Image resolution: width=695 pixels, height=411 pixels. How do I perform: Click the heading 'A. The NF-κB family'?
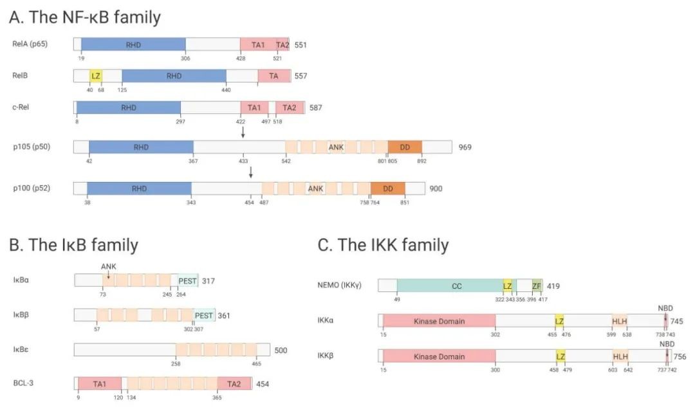84,17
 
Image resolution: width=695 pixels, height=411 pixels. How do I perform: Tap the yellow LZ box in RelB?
96,76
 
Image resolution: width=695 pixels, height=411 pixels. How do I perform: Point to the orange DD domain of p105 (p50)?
405,147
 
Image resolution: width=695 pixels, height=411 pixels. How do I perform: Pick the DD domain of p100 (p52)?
388,188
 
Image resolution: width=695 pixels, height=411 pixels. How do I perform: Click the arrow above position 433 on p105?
243,132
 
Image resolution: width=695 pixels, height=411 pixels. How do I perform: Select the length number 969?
465,147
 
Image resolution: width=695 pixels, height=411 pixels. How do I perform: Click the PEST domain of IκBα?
188,280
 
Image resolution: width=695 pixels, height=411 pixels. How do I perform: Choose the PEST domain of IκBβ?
204,315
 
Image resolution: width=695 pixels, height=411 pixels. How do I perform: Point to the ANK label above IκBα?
108,266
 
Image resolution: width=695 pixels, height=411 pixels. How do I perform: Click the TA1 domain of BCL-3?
100,383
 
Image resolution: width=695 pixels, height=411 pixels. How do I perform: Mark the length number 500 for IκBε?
280,351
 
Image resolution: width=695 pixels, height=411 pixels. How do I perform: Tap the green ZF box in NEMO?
537,286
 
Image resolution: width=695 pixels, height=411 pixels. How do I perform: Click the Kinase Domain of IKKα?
439,322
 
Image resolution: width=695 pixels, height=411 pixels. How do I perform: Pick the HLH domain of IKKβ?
620,356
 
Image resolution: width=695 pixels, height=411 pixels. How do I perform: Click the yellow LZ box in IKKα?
559,322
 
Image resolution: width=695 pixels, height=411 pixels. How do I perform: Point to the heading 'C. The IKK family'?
383,245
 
